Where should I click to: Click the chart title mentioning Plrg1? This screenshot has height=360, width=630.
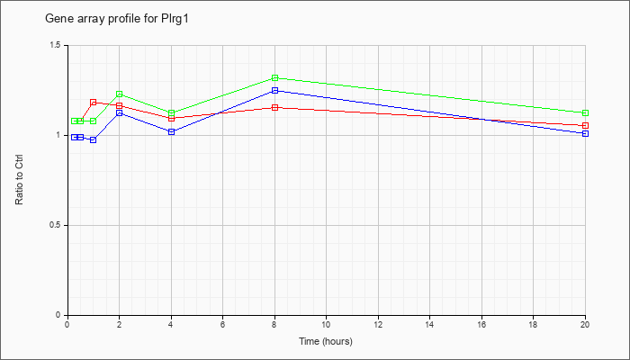(116, 19)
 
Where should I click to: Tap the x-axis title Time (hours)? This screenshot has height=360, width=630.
(326, 341)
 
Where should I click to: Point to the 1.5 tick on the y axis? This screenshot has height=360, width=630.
(55, 45)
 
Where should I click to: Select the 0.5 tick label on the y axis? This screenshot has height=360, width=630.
(55, 225)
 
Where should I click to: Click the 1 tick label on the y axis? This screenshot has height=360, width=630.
(58, 135)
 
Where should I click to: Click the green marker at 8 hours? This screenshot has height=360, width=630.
(274, 78)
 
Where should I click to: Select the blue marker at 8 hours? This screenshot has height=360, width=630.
(274, 91)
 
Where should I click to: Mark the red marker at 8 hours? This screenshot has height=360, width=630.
(274, 108)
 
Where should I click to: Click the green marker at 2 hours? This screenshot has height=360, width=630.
(120, 94)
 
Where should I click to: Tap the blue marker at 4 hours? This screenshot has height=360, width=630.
(172, 131)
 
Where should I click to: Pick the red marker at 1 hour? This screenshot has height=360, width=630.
(94, 103)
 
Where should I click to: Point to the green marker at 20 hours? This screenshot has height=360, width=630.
(585, 113)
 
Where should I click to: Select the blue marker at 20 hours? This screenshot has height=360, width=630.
(585, 134)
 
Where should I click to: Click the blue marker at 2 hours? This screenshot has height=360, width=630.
(120, 113)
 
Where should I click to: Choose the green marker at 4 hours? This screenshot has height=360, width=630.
(172, 113)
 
